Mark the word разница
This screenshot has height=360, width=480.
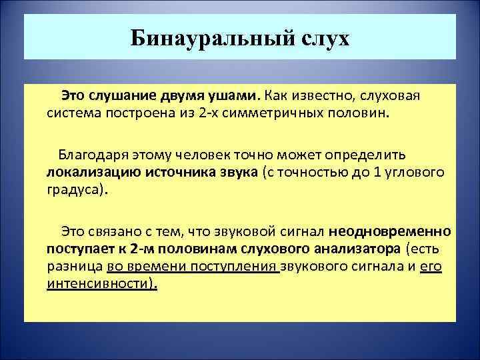75,267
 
